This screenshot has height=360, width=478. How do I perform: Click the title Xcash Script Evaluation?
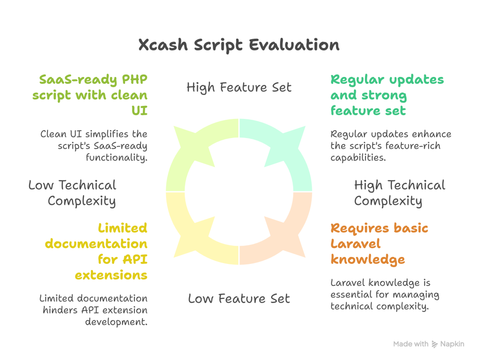click(239, 45)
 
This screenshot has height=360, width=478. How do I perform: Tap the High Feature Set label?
click(239, 87)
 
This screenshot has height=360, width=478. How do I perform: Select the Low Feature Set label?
click(239, 298)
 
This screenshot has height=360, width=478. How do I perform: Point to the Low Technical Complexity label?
click(72, 193)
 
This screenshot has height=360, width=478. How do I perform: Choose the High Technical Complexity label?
click(399, 193)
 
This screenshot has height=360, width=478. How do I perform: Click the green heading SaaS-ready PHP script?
click(90, 95)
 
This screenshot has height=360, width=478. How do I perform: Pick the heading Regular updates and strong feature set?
click(387, 95)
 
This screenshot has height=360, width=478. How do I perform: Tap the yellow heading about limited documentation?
click(111, 251)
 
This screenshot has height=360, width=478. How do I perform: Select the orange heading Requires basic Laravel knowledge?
click(379, 244)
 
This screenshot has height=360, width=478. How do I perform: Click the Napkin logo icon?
click(435, 344)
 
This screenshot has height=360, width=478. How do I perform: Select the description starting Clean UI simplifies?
click(94, 146)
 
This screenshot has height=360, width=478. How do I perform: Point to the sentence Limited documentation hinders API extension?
click(93, 310)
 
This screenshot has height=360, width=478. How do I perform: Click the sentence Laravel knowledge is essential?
click(385, 295)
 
